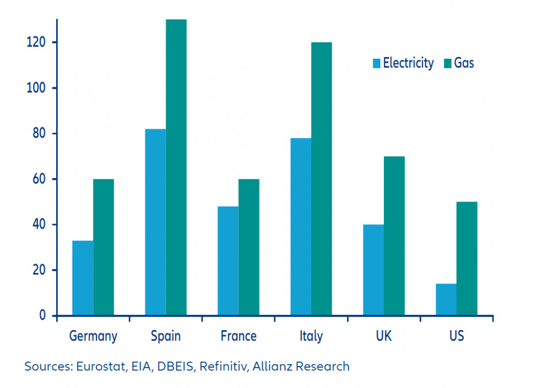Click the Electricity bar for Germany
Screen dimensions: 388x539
click(x=82, y=278)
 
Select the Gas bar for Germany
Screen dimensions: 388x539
click(x=104, y=247)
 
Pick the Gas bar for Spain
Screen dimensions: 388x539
click(x=176, y=167)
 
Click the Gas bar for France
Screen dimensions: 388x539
click(x=249, y=247)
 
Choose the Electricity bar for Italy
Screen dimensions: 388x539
click(x=301, y=226)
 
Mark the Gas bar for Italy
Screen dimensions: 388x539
click(x=322, y=179)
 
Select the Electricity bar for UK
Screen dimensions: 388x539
click(x=373, y=270)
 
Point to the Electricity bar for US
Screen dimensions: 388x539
click(x=446, y=299)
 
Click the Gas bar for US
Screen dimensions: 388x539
click(x=467, y=259)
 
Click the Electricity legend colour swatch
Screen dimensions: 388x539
click(x=377, y=63)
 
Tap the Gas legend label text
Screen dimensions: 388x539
click(x=464, y=63)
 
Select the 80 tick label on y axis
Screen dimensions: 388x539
click(x=38, y=134)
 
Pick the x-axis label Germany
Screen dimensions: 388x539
click(x=93, y=336)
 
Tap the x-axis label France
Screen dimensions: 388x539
click(x=238, y=336)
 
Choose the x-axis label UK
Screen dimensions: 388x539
click(x=383, y=336)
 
